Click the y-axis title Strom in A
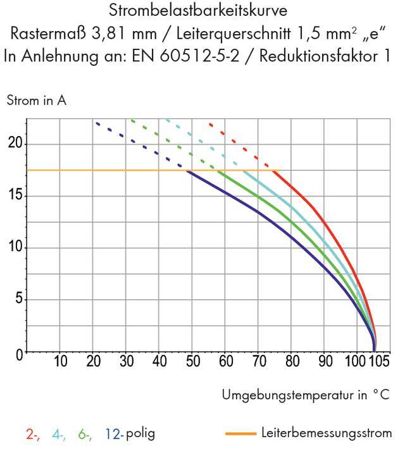[37, 101]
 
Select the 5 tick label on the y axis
[18, 299]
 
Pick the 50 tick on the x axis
[193, 362]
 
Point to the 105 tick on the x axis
[378, 362]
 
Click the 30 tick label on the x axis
[127, 362]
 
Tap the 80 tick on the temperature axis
[292, 362]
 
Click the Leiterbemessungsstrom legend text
[326, 433]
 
